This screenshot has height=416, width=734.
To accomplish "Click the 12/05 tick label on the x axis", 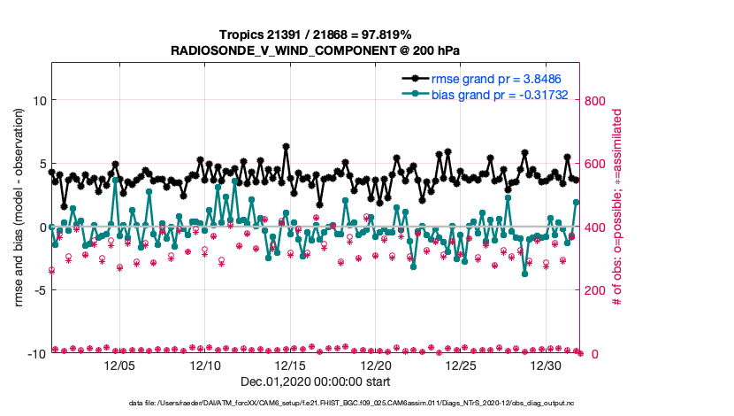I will point(120,366).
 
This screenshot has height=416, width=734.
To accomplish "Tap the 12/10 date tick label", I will point(206,366).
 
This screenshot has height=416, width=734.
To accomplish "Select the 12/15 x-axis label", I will point(292,366).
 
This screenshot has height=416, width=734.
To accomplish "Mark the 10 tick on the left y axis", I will point(39,101).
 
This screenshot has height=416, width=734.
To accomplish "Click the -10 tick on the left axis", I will point(35,354).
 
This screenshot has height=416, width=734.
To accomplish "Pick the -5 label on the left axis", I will point(38,290).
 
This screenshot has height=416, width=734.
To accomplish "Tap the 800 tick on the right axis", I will point(595,101).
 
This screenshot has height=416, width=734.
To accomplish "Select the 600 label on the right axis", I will point(595,164).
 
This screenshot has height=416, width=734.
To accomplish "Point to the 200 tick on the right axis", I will point(595,290).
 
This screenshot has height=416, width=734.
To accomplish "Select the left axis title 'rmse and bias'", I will point(19,227).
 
